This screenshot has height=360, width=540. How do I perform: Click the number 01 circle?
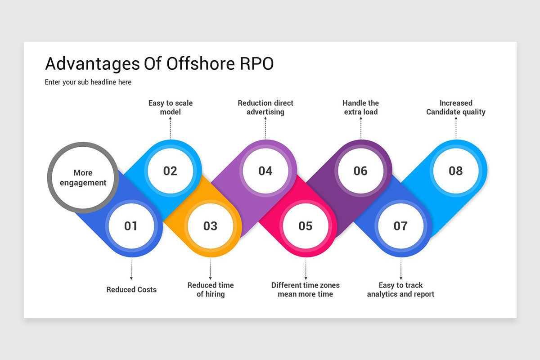pos(130,226)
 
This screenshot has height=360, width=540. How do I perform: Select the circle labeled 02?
pos(170,171)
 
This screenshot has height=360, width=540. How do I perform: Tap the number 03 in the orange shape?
pos(210,226)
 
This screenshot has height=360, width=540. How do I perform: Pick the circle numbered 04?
pos(265,171)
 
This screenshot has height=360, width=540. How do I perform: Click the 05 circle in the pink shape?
pos(305,226)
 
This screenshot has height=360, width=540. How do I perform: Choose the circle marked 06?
pos(360,171)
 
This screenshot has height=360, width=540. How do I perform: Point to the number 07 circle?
pos(400,226)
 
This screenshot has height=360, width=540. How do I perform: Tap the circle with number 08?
pos(455,171)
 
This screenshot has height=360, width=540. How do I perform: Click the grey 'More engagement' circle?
pos(83,178)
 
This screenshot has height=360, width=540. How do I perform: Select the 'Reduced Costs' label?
pos(131,289)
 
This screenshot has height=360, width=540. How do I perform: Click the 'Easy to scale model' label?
pos(170,108)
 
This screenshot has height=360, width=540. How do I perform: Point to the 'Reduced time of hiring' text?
pos(211,289)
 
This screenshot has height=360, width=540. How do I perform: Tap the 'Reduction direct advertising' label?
pos(265,108)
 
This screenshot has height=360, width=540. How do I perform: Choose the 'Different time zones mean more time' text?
pos(306,289)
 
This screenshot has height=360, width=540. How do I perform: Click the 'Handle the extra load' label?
pos(361,108)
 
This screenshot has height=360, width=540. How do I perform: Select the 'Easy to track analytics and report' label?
pos(400,289)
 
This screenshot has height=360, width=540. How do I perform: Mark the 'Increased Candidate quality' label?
pos(456,108)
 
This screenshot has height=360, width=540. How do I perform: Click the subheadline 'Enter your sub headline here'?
pos(88,82)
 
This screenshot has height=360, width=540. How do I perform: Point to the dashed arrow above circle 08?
pos(456,128)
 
